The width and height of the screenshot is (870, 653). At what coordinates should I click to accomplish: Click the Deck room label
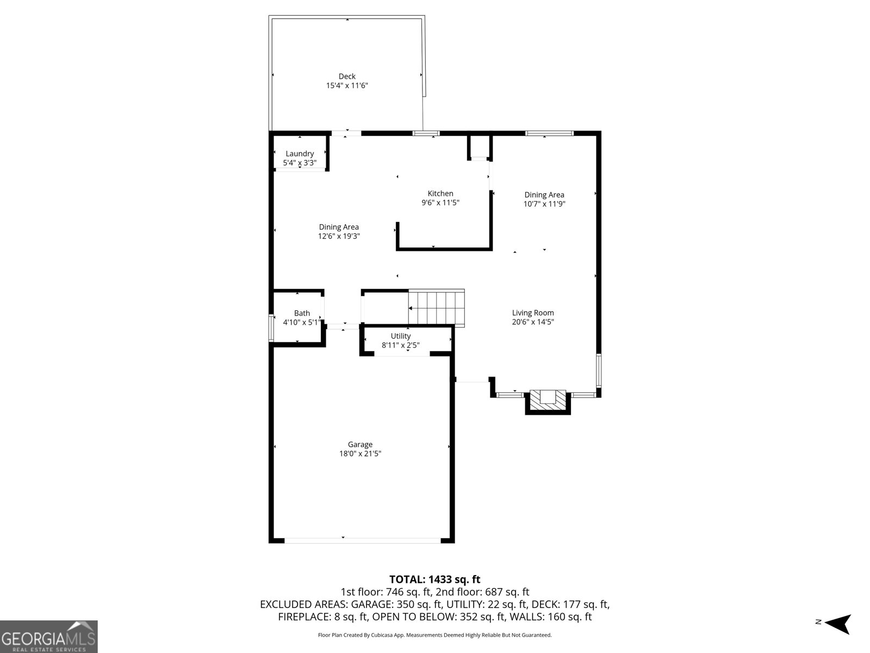tap(347, 76)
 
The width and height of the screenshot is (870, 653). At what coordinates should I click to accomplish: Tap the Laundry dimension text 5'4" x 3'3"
tap(300, 163)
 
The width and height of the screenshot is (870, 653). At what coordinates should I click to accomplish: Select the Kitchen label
tap(440, 193)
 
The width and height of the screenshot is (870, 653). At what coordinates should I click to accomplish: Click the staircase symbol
tap(437, 307)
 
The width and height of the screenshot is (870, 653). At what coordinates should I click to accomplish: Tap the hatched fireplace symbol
tap(548, 400)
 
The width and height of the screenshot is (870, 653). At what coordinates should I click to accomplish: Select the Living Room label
tap(533, 313)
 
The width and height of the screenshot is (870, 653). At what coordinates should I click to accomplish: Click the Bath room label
tap(302, 313)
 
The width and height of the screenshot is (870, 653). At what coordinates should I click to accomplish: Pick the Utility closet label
tap(401, 336)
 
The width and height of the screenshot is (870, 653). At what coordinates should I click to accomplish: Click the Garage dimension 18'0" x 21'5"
tap(360, 454)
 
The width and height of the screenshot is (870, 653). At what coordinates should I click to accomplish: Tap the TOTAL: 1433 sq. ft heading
tap(434, 580)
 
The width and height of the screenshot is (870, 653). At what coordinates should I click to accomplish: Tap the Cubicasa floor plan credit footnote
tap(434, 635)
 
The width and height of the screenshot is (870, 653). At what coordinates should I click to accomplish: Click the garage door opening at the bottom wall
tap(363, 540)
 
